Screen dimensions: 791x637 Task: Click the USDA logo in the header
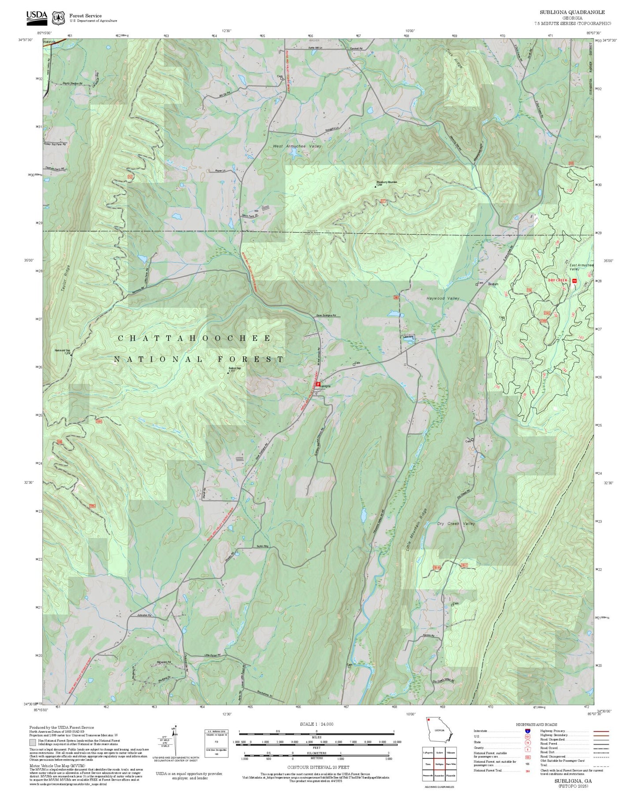pos(37,16)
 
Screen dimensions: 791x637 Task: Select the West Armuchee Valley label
pos(297,146)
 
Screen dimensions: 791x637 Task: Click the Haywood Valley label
pos(443,298)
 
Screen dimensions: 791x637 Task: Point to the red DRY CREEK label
pos(557,280)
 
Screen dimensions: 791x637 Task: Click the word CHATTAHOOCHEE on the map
pos(194,338)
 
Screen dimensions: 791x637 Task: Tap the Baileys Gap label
pos(234,369)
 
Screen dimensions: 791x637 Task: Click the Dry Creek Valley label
pos(456,524)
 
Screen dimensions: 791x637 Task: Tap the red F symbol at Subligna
pos(318,384)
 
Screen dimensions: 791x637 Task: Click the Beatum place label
pos(493,284)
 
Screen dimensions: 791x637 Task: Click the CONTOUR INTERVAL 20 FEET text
pos(318,768)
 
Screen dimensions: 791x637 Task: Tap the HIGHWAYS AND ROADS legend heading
pos(536,724)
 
